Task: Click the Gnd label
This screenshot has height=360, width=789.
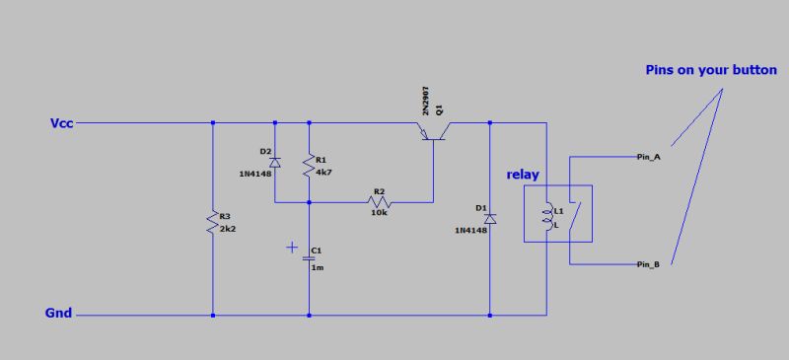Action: coord(58,315)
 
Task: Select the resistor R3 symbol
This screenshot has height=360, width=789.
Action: coord(212,222)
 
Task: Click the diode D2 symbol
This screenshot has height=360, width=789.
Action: coord(275,161)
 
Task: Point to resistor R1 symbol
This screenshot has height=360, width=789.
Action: coord(310,165)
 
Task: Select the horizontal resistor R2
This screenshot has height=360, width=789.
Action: coord(377,201)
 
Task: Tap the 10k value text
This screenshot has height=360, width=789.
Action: coord(378,213)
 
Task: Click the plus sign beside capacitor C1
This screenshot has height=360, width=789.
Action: coord(291,248)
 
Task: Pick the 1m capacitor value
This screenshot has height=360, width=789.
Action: coord(318,267)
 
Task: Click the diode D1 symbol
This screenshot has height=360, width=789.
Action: coord(490,218)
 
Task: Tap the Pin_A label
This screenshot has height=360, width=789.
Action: coord(648,158)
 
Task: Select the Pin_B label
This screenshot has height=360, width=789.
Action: coord(648,265)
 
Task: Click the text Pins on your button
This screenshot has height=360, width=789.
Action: coord(710,71)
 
